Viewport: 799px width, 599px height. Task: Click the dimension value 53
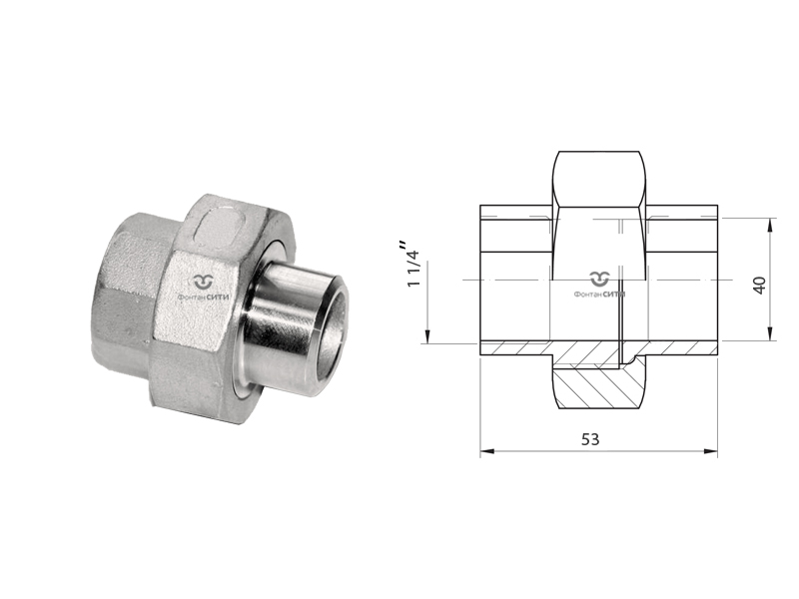(x=590, y=439)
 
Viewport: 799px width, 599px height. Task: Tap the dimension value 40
(x=759, y=286)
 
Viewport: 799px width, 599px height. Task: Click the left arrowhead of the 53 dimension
(x=487, y=451)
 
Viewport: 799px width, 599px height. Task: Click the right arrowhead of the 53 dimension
(x=711, y=451)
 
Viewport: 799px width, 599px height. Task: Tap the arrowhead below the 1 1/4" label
(x=428, y=336)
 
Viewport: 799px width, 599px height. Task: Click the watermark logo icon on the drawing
(x=600, y=280)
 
